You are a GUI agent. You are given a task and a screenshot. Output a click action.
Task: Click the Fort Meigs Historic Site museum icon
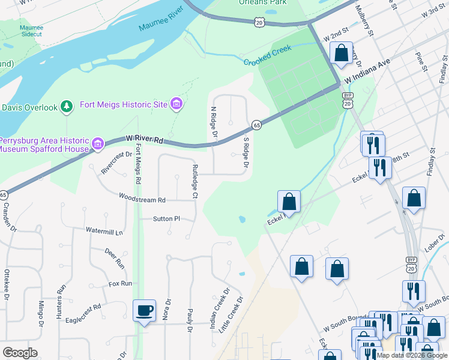point(176,104)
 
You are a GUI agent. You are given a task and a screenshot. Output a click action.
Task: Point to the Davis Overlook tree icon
point(67,107)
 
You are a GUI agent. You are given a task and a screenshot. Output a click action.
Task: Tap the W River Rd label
point(145,140)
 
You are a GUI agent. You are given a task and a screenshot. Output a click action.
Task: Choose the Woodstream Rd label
point(142,197)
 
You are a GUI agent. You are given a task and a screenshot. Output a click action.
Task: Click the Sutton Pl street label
point(166,219)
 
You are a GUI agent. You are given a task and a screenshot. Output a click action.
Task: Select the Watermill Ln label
point(104,231)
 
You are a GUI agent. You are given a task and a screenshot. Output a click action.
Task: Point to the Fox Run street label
point(120,283)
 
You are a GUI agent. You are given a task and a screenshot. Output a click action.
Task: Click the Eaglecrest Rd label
point(83,305)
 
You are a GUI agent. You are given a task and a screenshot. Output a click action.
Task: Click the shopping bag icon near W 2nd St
point(341,53)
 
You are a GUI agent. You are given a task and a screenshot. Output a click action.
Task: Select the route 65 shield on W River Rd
point(256,125)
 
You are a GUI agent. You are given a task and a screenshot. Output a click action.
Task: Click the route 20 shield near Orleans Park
point(259,22)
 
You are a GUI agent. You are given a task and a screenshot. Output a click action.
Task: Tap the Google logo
point(20,353)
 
